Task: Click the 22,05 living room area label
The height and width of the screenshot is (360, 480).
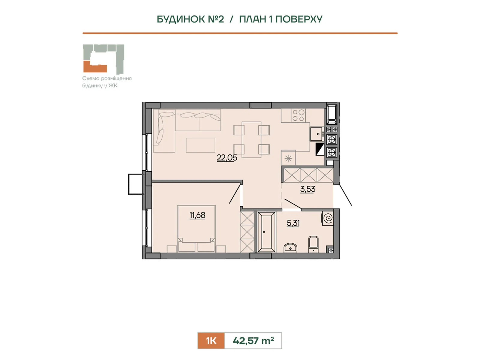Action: pos(227,157)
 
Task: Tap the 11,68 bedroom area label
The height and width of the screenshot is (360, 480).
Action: pos(197,215)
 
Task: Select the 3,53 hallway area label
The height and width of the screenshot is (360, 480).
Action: pos(308,189)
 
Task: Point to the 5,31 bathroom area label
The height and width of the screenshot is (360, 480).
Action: pos(293,223)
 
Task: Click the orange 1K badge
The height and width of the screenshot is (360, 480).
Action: pos(211,340)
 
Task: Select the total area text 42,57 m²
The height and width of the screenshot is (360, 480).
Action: pos(253,340)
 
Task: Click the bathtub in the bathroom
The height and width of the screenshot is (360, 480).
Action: pos(266,232)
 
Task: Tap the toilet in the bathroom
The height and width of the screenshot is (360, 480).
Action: pos(313,244)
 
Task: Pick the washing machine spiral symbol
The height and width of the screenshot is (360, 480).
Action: pos(328,218)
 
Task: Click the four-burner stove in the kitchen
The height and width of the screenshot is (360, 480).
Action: pos(298,115)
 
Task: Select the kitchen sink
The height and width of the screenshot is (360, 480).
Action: pos(317,134)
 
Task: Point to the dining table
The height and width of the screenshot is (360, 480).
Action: pos(251,140)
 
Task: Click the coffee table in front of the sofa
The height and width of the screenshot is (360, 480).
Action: pos(200,145)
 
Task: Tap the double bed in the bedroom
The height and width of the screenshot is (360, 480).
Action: pos(196,228)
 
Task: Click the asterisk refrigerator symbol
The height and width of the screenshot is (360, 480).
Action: pos(288,158)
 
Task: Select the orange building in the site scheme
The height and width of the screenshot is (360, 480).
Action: pos(95,67)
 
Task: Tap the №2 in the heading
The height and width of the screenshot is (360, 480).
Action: pos(215,19)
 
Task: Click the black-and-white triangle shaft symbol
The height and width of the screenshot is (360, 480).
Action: pos(320,149)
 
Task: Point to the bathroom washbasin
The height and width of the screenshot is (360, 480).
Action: pos(290,248)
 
